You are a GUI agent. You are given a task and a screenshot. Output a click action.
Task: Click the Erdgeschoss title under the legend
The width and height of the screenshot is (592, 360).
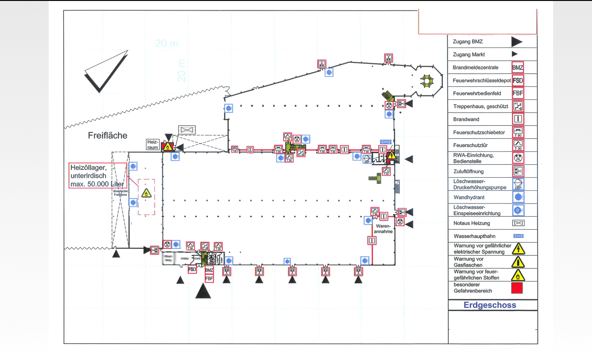coord(490,305)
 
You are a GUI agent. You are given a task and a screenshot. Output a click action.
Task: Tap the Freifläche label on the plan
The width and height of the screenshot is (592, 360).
coord(108,135)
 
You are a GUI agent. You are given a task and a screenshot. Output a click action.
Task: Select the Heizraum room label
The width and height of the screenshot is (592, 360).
coord(153,145)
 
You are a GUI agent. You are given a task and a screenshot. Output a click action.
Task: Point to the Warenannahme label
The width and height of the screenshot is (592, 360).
coord(383,229)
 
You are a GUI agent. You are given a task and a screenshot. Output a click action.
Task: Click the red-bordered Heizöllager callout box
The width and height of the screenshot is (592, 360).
coord(97,176)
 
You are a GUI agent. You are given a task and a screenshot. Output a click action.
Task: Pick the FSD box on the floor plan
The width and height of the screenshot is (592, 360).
coord(192,269)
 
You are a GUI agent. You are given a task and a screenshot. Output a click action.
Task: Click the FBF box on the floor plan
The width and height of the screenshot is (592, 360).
coord(209,278)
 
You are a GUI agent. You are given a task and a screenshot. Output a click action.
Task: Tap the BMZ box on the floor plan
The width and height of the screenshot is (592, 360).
coord(209,270)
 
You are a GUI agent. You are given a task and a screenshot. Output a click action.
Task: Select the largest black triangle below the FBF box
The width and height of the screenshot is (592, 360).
coord(203,292)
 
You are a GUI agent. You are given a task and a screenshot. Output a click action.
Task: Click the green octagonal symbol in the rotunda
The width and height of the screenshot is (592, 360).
coord(427,81)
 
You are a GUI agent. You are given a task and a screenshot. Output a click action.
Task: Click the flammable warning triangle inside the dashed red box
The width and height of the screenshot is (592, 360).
coord(146,193)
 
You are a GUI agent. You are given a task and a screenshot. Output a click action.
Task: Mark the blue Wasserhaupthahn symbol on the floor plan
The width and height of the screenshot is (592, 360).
coord(385,142)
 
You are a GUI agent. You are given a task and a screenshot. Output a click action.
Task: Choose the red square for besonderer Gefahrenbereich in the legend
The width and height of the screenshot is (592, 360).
coord(517,288)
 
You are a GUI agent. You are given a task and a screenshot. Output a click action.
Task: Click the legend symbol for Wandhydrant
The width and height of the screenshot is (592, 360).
coord(518,197)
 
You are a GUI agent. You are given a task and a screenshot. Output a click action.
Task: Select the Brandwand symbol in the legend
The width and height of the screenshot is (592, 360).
coord(518,119)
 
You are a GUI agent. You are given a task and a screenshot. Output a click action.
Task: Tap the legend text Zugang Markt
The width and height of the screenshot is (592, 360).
coord(469,55)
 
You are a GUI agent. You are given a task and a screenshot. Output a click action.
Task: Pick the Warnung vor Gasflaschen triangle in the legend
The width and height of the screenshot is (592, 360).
coord(518,262)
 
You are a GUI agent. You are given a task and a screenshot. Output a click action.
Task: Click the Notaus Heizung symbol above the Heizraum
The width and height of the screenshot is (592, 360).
coord(187,130)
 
